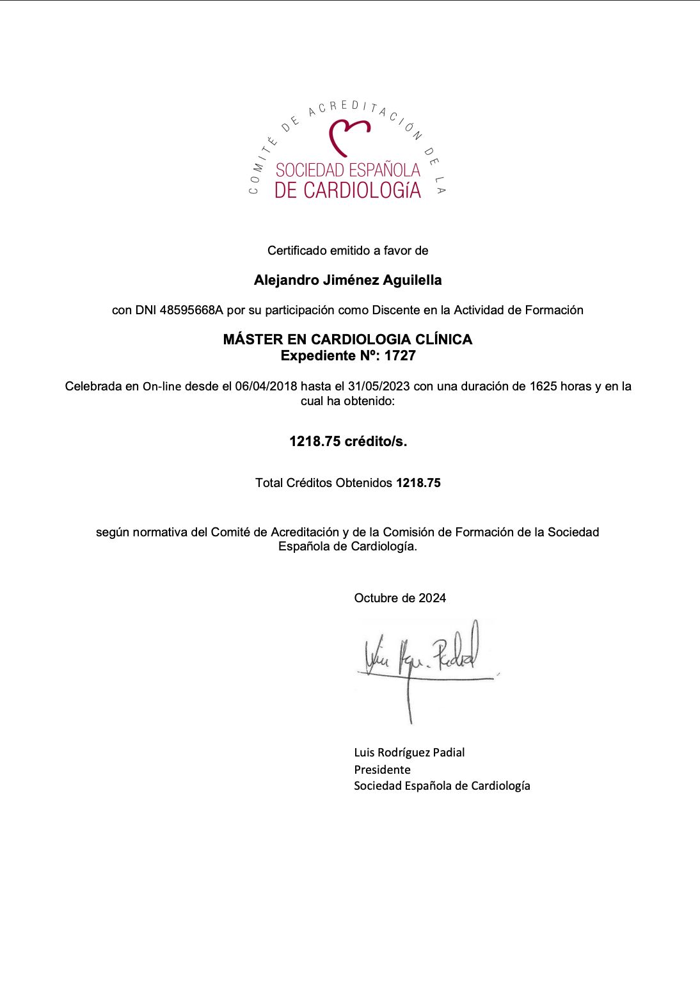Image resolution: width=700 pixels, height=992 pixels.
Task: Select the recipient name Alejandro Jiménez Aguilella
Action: [x=347, y=280]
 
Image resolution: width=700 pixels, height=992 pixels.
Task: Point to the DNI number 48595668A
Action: [x=191, y=310]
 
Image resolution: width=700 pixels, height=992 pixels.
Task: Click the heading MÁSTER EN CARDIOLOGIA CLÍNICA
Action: [x=347, y=339]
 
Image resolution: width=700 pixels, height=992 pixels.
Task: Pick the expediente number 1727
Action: [x=400, y=356]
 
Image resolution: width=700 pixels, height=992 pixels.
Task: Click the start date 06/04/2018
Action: [x=266, y=387]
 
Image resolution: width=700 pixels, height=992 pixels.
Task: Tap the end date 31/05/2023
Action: [x=379, y=387]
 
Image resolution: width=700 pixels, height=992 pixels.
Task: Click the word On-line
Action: [x=162, y=387]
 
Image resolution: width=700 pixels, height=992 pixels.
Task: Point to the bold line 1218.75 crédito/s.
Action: [x=348, y=442]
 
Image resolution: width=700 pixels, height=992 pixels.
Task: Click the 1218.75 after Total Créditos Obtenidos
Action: [x=418, y=483]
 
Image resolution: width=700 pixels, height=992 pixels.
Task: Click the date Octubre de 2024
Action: [x=400, y=598]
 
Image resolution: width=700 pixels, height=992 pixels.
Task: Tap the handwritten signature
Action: [x=422, y=659]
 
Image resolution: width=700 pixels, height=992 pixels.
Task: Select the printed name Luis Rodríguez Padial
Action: [x=410, y=753]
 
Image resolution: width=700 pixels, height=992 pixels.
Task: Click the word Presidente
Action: [x=382, y=770]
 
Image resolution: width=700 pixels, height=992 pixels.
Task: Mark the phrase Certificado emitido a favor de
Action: [x=347, y=251]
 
